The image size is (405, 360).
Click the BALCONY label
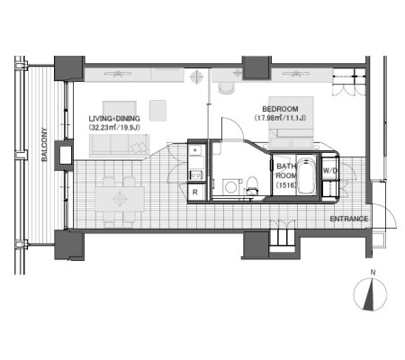tap(44, 145)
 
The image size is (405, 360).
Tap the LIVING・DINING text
tap(114, 119)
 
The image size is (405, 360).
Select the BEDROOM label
tap(280, 109)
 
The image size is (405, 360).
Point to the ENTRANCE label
tap(349, 219)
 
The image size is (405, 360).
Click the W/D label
tap(330, 171)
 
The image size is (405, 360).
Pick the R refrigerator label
tap(195, 193)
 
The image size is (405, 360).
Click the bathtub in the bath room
tap(306, 175)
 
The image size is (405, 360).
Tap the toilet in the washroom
tap(252, 185)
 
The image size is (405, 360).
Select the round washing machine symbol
tap(230, 187)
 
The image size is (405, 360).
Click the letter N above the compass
tap(373, 273)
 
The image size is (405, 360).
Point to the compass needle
tap(370, 295)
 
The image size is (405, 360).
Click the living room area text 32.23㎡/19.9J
tap(114, 128)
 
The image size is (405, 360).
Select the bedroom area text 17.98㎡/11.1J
tap(280, 118)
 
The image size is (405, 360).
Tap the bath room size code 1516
tap(286, 185)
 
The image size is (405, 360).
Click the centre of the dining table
tap(120, 200)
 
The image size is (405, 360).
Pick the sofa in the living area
tap(119, 146)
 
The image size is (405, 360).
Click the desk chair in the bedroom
tap(226, 88)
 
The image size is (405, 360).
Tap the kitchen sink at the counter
tap(196, 150)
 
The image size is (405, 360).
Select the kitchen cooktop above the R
tap(196, 175)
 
